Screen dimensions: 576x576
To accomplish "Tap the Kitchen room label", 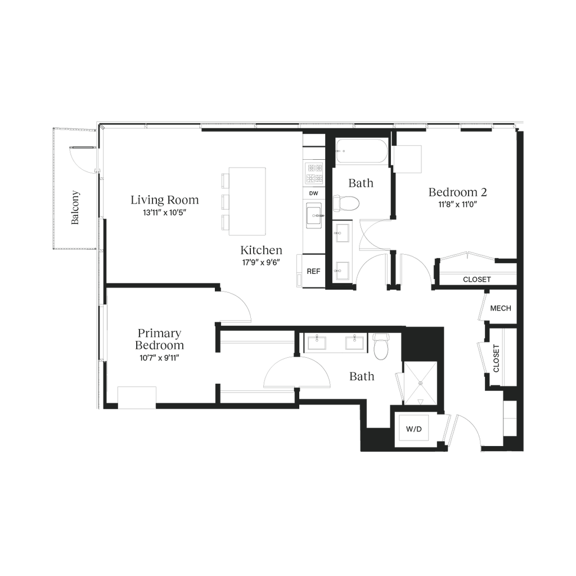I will pyautogui.click(x=260, y=250).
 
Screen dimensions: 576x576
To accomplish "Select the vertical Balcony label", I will pyautogui.click(x=75, y=208).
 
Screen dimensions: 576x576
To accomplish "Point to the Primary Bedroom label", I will pyautogui.click(x=160, y=337).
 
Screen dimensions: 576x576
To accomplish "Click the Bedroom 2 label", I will pyautogui.click(x=457, y=192).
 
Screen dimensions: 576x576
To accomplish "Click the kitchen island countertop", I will pyautogui.click(x=247, y=200).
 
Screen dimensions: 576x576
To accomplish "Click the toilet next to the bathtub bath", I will pyautogui.click(x=347, y=203).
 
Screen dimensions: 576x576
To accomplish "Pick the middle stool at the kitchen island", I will pyautogui.click(x=224, y=201).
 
